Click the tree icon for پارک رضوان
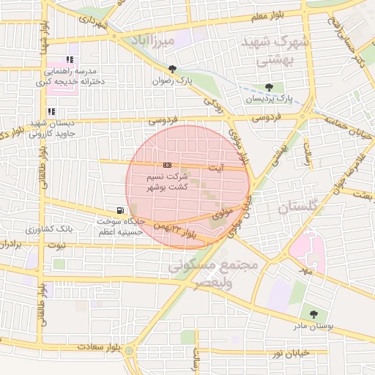pos(172,70)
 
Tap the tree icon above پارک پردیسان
pos(269,87)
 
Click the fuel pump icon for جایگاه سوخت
pos(119,210)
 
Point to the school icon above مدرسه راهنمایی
pos(70,60)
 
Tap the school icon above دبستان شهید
pos(51,111)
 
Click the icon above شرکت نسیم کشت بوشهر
pos(168,165)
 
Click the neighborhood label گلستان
pos(300,209)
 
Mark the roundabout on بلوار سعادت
pos(130,351)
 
